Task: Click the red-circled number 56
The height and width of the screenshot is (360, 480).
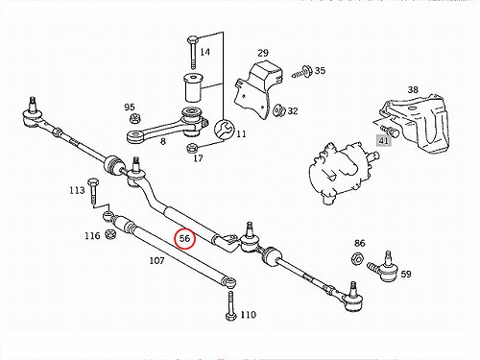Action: click(184, 238)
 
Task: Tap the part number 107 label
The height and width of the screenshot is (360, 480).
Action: click(156, 261)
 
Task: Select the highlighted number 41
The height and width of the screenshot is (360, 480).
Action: click(383, 140)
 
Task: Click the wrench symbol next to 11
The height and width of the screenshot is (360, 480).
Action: click(224, 130)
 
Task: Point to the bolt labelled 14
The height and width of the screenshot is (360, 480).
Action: click(193, 53)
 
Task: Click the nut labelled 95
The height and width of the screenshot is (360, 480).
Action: click(134, 118)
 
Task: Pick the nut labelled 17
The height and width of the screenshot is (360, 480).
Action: click(191, 148)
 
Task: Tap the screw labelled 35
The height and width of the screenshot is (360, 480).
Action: click(302, 72)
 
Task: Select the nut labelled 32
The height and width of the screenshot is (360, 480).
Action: click(279, 110)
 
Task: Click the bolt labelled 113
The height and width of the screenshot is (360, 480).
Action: click(93, 191)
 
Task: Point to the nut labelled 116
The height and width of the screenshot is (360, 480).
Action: click(110, 234)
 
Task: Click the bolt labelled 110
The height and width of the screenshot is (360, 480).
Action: click(230, 305)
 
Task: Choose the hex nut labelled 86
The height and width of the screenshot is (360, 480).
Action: click(358, 258)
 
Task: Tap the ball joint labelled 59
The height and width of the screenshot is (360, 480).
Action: click(383, 268)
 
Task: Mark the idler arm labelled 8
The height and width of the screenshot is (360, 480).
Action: click(167, 127)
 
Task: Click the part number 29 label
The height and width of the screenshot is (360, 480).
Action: click(263, 53)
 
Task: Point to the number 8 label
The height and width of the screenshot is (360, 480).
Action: click(163, 141)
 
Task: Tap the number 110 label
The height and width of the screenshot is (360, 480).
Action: click(249, 315)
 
